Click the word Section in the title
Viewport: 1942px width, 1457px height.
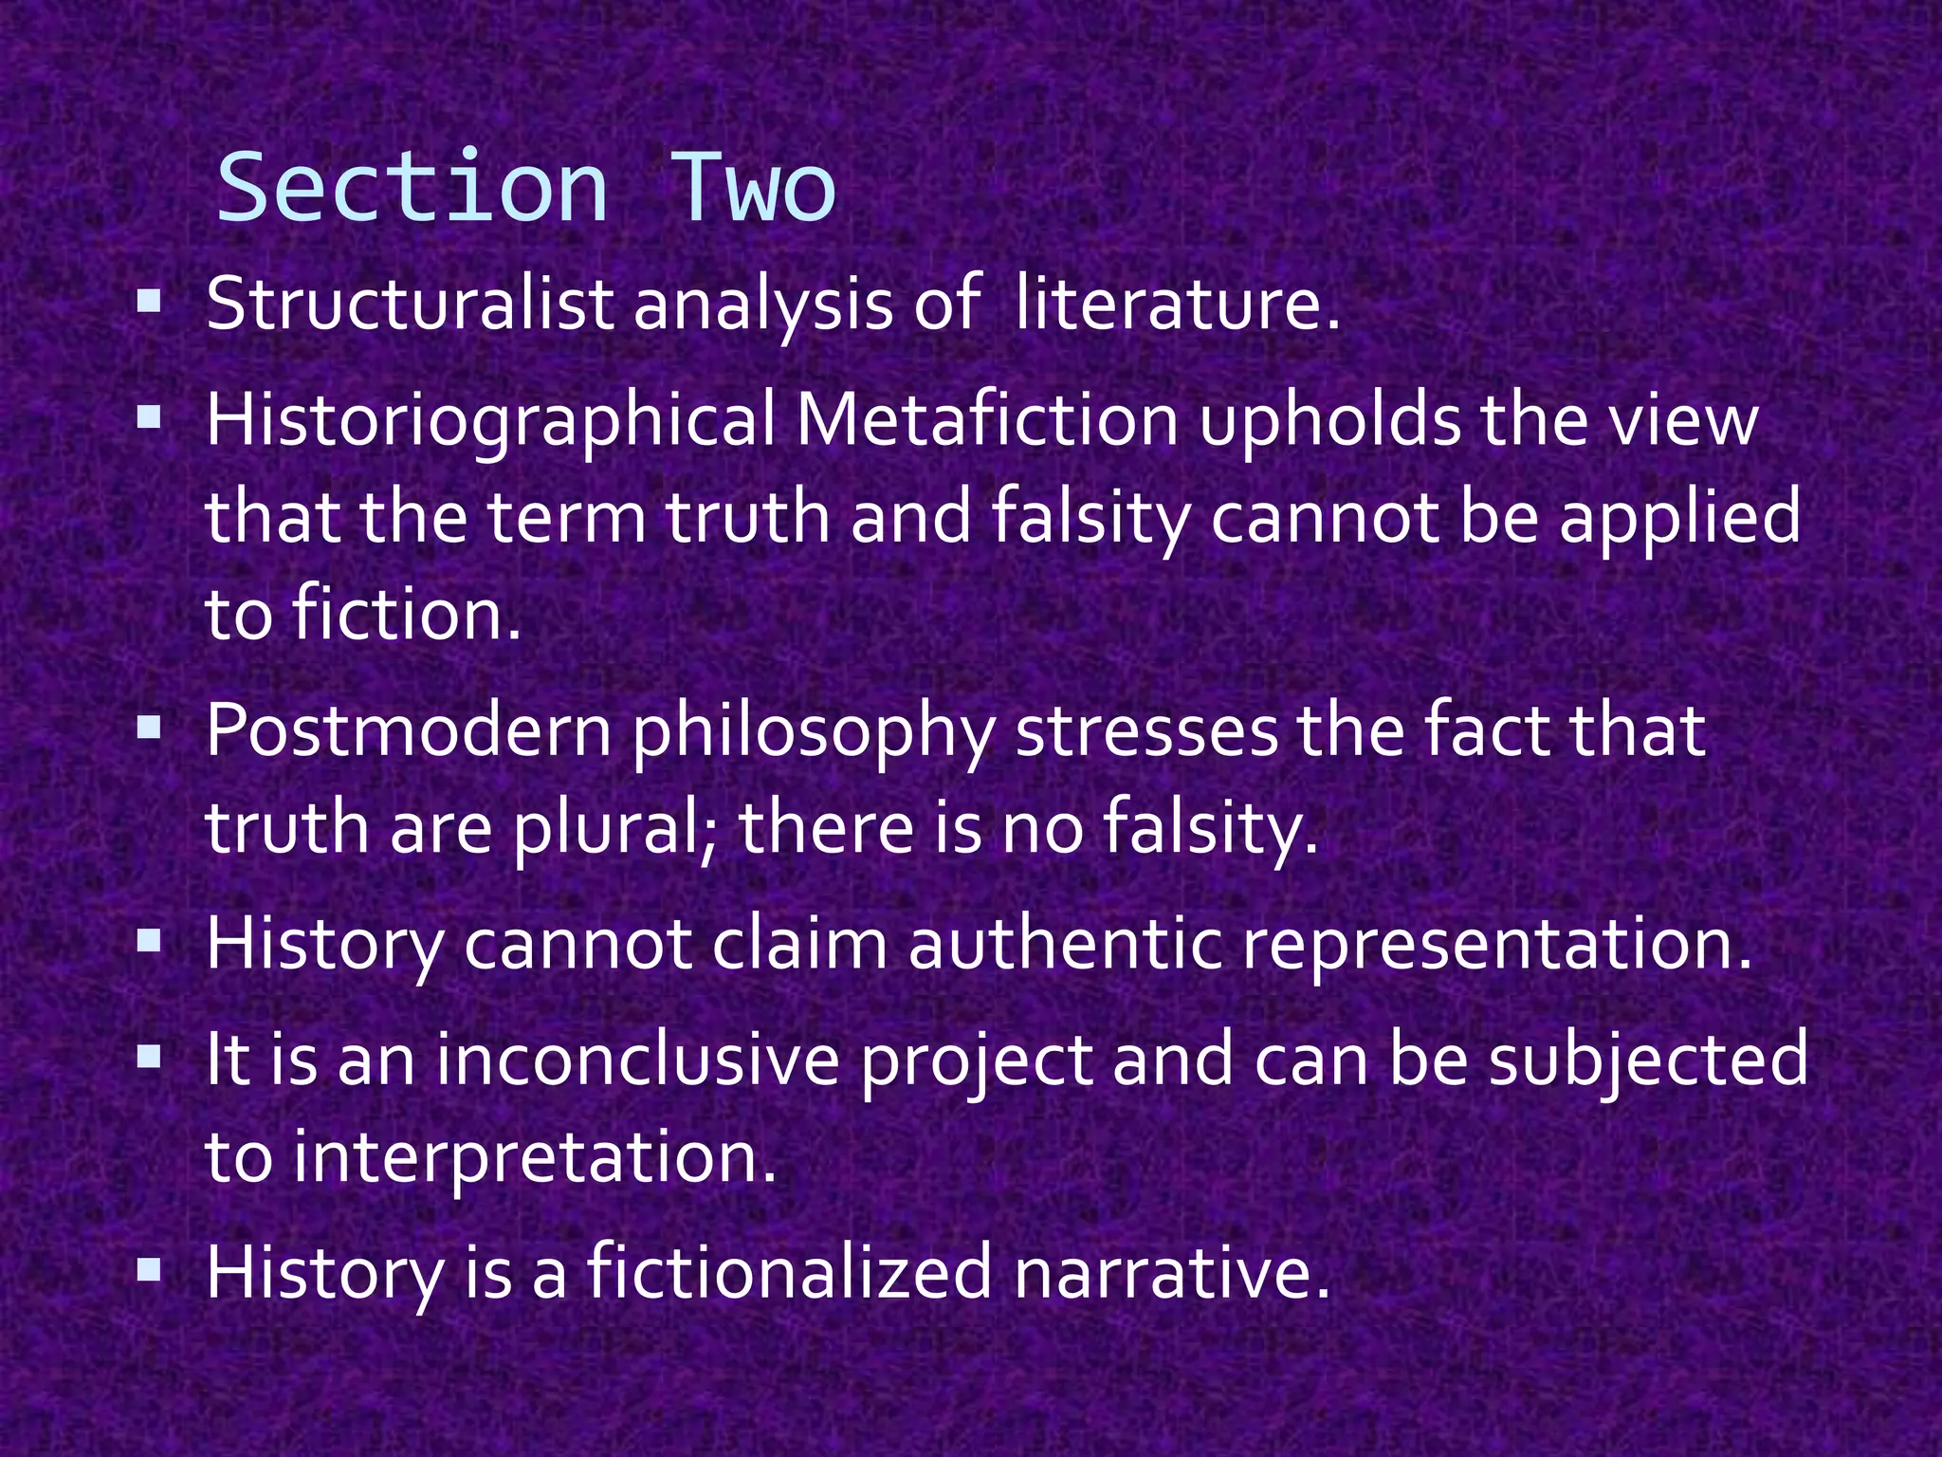tap(412, 188)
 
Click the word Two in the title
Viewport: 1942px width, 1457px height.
tap(754, 188)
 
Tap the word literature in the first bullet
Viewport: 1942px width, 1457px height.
tap(1177, 305)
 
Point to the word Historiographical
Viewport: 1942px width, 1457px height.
tap(491, 421)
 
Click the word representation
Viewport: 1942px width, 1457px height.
tap(1497, 947)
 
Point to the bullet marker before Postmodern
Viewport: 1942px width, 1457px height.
tap(149, 728)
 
